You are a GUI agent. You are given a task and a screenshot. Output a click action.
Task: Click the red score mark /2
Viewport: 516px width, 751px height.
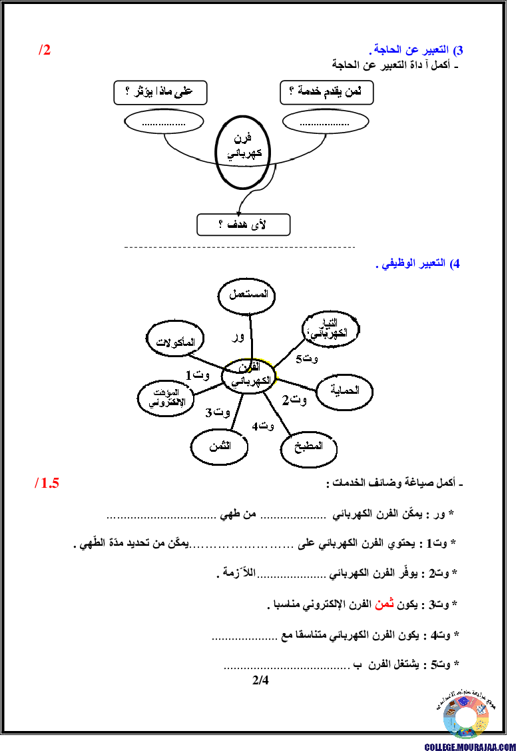45,50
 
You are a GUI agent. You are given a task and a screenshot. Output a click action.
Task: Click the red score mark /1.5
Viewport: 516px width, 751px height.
47,483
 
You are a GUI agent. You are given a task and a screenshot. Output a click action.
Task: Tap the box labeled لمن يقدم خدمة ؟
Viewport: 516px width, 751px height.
326,93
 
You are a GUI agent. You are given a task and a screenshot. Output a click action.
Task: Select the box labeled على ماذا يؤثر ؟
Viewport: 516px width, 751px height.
160,93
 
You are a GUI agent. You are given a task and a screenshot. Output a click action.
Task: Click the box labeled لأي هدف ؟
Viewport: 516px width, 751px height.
243,225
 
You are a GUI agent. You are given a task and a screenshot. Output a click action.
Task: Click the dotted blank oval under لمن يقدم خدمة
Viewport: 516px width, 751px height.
325,122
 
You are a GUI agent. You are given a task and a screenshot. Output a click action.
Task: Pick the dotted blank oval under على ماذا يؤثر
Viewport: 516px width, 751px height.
164,122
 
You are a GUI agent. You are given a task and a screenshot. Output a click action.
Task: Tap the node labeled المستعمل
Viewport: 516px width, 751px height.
247,295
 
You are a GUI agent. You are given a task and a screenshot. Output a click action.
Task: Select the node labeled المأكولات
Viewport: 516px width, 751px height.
174,341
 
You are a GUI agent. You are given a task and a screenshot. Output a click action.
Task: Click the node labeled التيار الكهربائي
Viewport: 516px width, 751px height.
331,328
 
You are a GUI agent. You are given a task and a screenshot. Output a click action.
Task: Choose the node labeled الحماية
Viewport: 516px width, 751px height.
344,391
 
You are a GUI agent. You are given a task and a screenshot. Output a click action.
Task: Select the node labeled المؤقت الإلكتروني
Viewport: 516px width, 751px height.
165,398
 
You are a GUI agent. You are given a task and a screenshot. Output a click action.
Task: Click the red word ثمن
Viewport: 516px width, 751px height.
384,604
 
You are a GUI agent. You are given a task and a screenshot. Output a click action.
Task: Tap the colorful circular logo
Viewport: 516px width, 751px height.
466,717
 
